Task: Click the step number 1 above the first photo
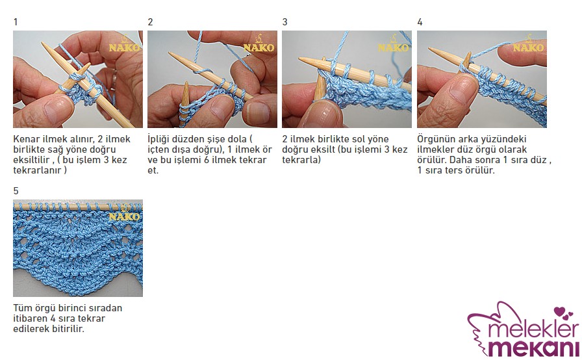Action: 16,22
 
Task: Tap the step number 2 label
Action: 150,22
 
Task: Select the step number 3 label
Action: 285,22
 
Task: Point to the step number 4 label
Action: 420,22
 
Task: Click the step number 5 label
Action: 16,191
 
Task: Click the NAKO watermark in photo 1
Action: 124,44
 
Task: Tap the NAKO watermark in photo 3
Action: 394,44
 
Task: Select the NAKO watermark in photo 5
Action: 124,213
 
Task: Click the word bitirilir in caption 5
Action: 66,329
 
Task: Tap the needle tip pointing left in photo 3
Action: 300,59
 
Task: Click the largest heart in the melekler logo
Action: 559,311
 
